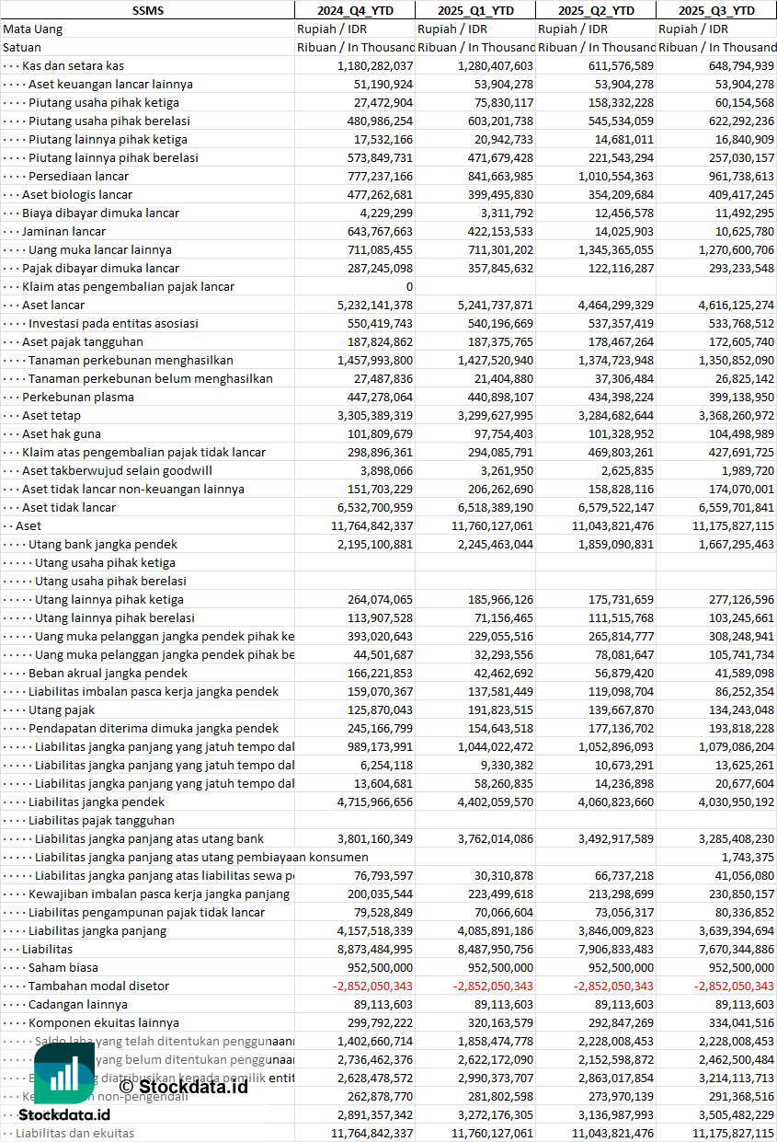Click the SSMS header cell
pyautogui.click(x=147, y=10)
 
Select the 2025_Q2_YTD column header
pyautogui.click(x=596, y=10)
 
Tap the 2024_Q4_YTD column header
pyautogui.click(x=354, y=10)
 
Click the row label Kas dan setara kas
pyautogui.click(x=73, y=65)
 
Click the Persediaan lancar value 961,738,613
pyautogui.click(x=733, y=176)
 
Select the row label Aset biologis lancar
pyautogui.click(x=77, y=194)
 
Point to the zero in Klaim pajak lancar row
pyautogui.click(x=409, y=286)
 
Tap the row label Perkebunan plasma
pyautogui.click(x=78, y=397)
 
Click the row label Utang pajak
pyautogui.click(x=62, y=709)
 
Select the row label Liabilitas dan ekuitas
pyautogui.click(x=74, y=1133)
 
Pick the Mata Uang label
pyautogui.click(x=33, y=29)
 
